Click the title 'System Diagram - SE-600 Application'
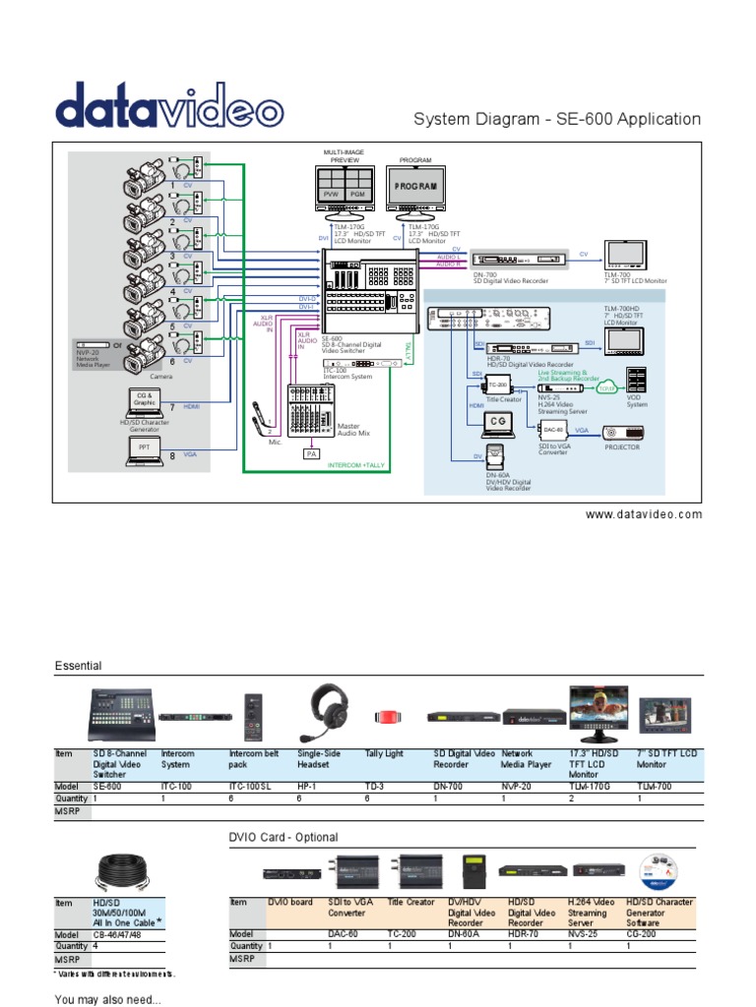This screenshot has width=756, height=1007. tap(556, 119)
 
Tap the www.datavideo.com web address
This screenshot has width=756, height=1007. tap(645, 514)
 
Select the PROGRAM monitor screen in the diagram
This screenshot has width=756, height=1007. tap(414, 186)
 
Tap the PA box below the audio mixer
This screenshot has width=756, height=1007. tap(310, 453)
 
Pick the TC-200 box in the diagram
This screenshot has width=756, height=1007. tap(497, 385)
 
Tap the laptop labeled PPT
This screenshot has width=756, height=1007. tap(145, 448)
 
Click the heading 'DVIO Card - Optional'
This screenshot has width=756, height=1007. tap(283, 837)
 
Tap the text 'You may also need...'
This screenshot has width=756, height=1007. tap(107, 999)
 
